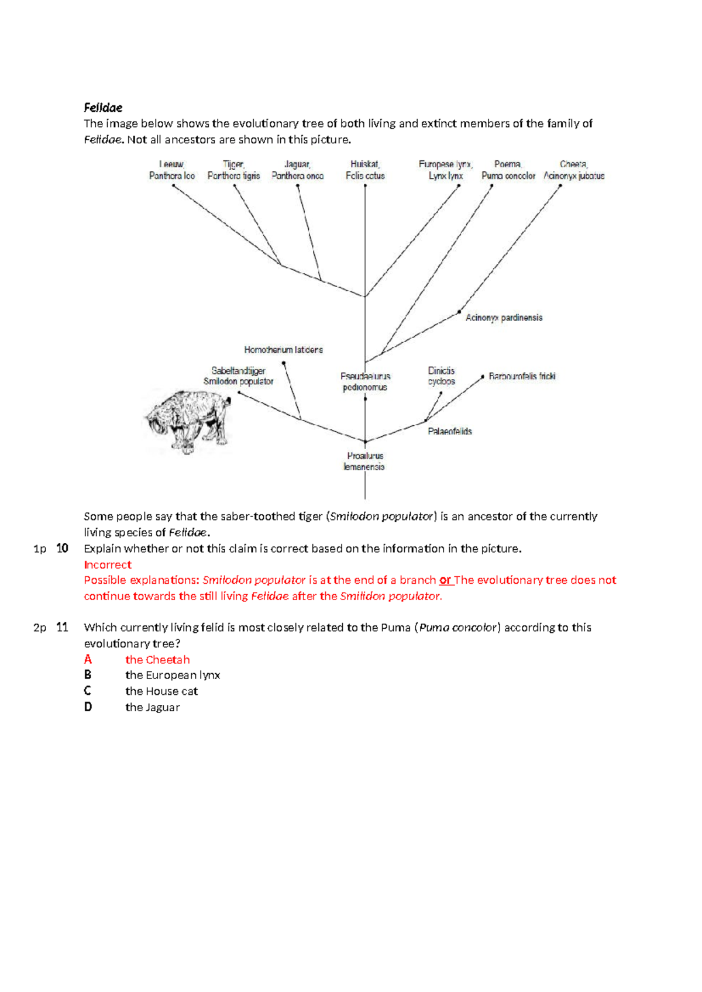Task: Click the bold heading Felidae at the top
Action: [x=103, y=108]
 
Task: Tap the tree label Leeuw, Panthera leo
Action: [x=171, y=170]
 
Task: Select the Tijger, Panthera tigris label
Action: [x=233, y=170]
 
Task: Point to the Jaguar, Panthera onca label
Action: [x=297, y=170]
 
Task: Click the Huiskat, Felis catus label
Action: [x=365, y=170]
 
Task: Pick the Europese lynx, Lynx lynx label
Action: [x=446, y=170]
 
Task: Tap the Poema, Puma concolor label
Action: [x=508, y=170]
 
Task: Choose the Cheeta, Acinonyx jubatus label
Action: [x=574, y=170]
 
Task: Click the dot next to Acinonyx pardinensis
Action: [x=459, y=312]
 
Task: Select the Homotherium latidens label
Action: [x=283, y=350]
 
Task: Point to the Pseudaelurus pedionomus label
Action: [x=365, y=381]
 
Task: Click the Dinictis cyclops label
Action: [x=441, y=376]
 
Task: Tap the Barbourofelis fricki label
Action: [x=522, y=376]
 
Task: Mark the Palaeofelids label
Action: [x=449, y=432]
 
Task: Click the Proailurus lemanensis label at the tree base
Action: [x=364, y=461]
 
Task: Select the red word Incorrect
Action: [x=108, y=564]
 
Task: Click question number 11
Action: [x=62, y=627]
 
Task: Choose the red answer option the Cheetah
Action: [x=157, y=659]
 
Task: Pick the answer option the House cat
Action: [x=161, y=691]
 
